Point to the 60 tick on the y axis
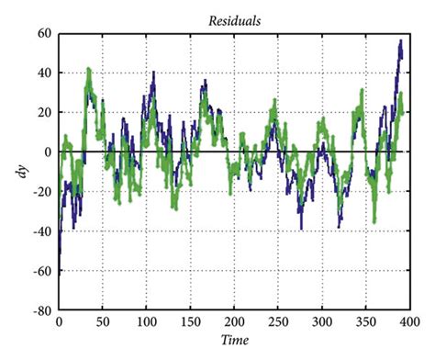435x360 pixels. pos(43,33)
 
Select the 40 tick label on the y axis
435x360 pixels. pos(43,73)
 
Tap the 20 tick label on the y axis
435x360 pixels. pos(43,113)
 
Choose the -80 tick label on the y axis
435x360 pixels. pos(40,311)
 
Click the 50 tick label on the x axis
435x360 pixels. pos(102,323)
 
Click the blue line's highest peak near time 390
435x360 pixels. pos(400,41)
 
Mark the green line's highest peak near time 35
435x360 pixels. pos(89,69)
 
